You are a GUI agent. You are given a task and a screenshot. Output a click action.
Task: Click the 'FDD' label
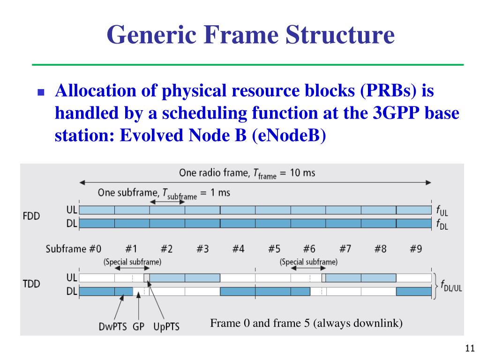(31, 217)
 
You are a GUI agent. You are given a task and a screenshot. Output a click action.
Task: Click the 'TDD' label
(31, 284)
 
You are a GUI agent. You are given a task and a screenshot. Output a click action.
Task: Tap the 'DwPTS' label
(113, 326)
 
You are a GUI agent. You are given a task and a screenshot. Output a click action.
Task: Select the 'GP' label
(138, 326)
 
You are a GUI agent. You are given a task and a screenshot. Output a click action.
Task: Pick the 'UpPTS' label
(166, 326)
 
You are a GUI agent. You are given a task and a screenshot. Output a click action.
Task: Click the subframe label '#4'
(238, 249)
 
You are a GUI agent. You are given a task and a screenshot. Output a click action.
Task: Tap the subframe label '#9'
(416, 249)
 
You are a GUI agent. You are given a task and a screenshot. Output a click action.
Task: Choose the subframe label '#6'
(309, 249)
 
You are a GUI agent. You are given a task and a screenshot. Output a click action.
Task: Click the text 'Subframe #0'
(73, 249)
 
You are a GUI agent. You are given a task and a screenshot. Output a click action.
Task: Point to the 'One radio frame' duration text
(247, 173)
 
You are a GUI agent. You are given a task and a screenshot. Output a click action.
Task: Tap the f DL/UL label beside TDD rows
(451, 287)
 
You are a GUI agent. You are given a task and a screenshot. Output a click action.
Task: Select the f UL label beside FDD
(442, 210)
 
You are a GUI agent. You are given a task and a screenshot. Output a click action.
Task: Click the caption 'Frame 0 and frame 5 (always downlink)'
(306, 323)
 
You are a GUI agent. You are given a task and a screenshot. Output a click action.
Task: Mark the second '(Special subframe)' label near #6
(308, 262)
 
